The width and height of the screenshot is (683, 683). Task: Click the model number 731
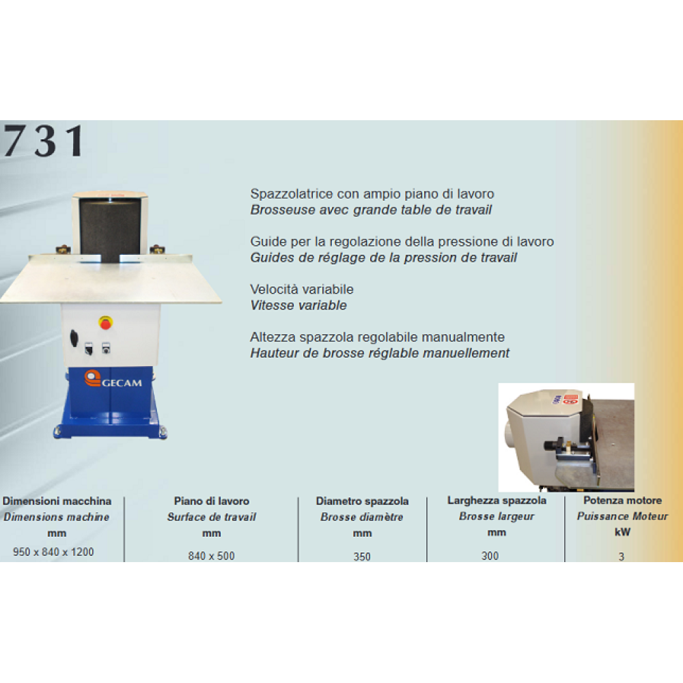point(44,140)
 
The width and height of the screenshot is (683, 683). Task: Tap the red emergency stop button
point(105,323)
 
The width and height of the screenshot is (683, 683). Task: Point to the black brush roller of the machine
point(110,229)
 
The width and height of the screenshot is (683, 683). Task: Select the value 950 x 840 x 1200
point(53,552)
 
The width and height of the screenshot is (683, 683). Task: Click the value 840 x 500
point(211,556)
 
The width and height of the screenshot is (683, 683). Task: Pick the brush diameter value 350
point(362,557)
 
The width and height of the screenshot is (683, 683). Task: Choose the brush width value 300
point(490,556)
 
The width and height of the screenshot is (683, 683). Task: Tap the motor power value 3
point(622,557)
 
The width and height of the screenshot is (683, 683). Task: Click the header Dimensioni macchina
point(57,501)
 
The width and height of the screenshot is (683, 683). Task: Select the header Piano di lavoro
point(212,501)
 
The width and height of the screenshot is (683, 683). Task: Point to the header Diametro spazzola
point(362,501)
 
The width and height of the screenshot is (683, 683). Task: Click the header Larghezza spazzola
point(497,501)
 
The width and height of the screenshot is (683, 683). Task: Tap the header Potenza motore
point(622,500)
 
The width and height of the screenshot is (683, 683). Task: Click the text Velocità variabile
point(302,289)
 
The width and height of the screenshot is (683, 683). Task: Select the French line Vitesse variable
point(298,305)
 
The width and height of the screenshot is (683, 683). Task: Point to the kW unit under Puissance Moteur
point(622,532)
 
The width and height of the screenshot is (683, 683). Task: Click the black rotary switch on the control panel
point(74,339)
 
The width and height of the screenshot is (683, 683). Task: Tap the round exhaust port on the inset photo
point(510,434)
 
